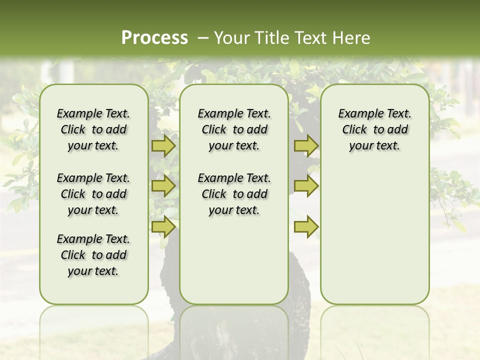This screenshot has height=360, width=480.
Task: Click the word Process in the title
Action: (x=154, y=38)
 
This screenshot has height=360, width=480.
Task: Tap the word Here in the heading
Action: (x=352, y=38)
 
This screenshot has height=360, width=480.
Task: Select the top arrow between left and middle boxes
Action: (x=163, y=145)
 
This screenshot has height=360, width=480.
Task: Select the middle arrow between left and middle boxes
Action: (x=163, y=186)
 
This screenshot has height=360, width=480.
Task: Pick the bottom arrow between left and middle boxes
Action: (x=163, y=226)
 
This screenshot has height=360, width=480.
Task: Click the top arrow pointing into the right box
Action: (x=306, y=145)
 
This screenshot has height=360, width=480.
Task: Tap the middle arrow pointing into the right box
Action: (x=306, y=186)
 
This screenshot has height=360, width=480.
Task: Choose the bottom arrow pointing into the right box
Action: (x=306, y=226)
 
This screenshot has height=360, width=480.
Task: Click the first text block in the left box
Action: (x=93, y=129)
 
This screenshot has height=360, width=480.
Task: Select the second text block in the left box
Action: (x=93, y=194)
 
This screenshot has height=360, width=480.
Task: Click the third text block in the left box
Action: (x=93, y=255)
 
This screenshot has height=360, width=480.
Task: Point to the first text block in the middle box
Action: (x=234, y=129)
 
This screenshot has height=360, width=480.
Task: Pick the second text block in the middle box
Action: (x=234, y=194)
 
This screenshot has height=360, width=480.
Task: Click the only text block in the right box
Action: (x=374, y=129)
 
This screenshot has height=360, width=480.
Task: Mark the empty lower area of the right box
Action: (x=374, y=240)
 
